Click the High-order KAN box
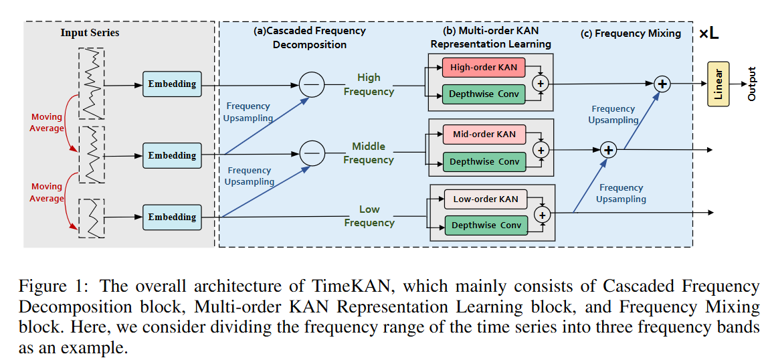pos(483,68)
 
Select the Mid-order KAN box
pos(484,134)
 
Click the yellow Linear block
pos(719,84)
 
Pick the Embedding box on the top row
pos(172,84)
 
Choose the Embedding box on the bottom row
pos(172,217)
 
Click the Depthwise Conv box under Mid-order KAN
pos(484,162)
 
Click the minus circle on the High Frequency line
pos(311,84)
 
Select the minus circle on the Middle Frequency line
pos(311,153)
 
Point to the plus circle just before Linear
pos(662,84)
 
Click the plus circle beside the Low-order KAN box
pos(543,214)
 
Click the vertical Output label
pos(751,84)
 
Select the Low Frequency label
pos(369,216)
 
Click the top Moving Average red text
pos(47,122)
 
